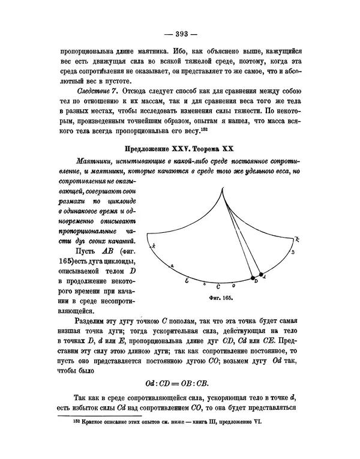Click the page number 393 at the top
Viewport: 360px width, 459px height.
point(180,33)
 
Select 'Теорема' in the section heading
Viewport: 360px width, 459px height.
point(202,148)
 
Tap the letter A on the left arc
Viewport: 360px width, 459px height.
point(154,245)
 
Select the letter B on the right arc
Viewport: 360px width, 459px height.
point(291,252)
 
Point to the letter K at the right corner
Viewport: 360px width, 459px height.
point(297,239)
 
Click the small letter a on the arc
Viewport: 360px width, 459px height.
point(172,265)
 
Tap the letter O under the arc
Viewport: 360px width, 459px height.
point(233,286)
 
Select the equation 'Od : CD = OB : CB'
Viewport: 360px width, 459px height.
point(179,382)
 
